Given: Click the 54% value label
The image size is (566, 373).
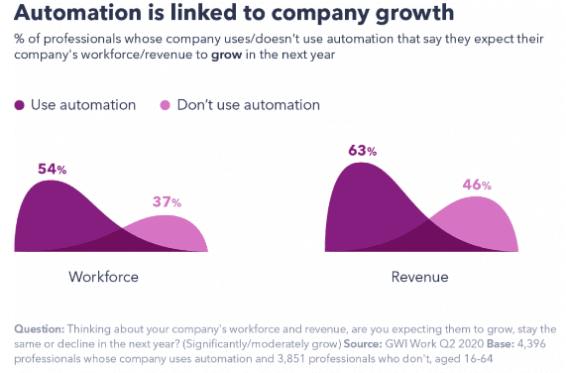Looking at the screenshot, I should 52,170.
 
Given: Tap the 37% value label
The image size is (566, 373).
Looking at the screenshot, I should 167,201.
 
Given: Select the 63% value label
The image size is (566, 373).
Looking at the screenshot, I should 363,151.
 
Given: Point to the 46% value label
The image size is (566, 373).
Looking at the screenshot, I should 478,185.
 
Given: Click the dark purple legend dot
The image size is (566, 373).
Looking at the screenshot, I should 21,105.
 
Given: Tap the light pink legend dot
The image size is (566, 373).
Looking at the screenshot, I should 166,105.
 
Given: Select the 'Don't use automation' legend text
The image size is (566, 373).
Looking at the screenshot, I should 249,105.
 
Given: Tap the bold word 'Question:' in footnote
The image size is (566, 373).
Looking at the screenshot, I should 42,328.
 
